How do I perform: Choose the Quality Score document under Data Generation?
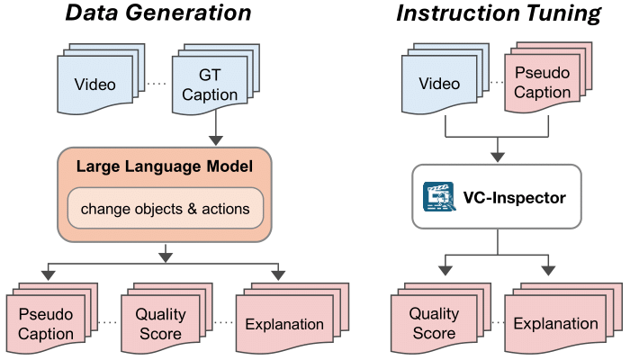click(x=159, y=323)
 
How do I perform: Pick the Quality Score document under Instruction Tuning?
click(x=433, y=323)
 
